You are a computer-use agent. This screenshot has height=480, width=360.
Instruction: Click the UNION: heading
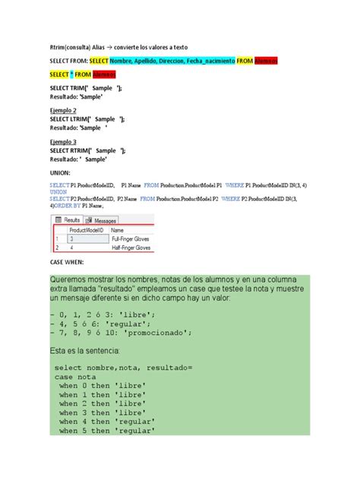[x=59, y=172]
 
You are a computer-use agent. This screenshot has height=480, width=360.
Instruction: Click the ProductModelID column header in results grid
[x=87, y=229]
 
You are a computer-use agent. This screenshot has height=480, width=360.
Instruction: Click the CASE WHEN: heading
[x=66, y=262]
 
